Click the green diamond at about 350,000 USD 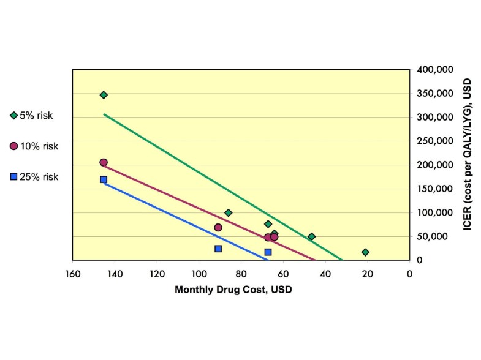tap(104, 95)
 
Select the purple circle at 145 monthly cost tap(104, 162)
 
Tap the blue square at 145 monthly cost tap(104, 179)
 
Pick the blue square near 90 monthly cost tap(218, 249)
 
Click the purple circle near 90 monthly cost tap(218, 228)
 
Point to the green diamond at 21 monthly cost tap(365, 252)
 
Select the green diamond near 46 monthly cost tap(311, 236)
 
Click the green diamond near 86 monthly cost tap(229, 213)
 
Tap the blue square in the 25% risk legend tap(14, 177)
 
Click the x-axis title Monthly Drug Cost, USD tap(233, 290)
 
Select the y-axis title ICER tap(467, 165)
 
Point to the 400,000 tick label tap(434, 70)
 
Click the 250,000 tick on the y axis tap(434, 141)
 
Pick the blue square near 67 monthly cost tap(268, 252)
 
